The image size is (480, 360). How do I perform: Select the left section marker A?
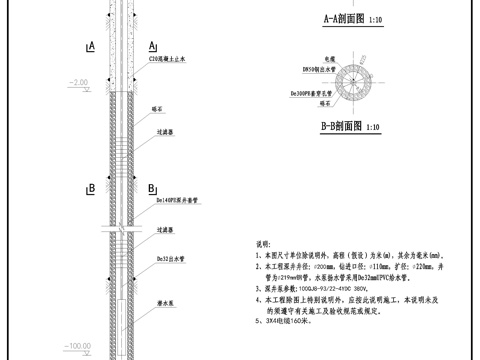[x=91, y=46]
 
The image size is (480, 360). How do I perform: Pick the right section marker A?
[x=151, y=46]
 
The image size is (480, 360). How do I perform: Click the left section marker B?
[x=91, y=187]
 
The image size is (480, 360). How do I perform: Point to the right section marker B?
[x=151, y=187]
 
